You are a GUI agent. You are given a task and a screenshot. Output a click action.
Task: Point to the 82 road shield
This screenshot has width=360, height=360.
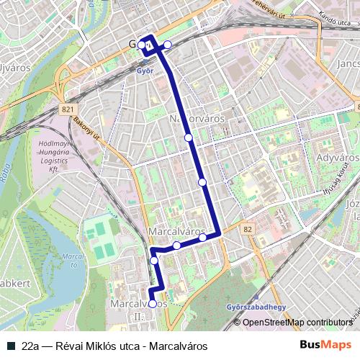tap(248, 228)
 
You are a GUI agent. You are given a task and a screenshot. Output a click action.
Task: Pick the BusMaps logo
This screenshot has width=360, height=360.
tap(326, 345)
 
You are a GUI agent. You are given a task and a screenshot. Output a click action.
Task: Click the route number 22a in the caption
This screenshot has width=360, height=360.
tap(31, 346)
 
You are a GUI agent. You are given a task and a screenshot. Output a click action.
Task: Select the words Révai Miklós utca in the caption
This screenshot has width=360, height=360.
tap(98, 346)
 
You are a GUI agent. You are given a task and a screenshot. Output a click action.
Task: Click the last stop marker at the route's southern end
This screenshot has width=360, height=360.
tap(153, 304)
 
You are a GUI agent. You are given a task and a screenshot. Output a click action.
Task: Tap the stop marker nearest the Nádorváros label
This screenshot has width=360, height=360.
tap(188, 137)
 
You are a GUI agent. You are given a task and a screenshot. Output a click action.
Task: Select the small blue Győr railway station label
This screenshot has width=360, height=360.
tap(145, 71)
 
